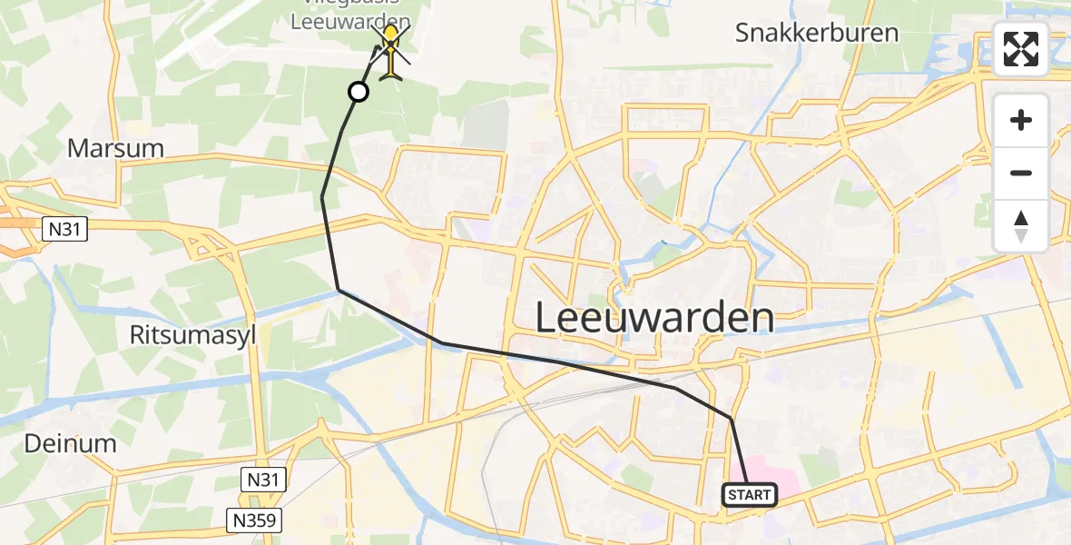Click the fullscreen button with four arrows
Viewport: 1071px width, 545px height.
(1021, 48)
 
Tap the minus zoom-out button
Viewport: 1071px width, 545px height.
(1021, 173)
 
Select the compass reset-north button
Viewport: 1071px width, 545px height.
(1021, 226)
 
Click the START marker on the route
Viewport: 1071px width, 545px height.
(750, 495)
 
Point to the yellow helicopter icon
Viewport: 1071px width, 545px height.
(390, 52)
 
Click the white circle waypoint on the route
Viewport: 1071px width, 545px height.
(359, 92)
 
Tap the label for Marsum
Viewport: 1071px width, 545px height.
(115, 148)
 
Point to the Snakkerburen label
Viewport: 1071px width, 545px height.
(817, 34)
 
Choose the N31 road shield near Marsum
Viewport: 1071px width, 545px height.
(64, 231)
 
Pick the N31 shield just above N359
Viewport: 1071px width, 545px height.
(263, 479)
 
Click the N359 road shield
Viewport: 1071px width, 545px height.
(255, 520)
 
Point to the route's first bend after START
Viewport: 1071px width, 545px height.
(731, 418)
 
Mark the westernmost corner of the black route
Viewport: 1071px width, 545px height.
(322, 197)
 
